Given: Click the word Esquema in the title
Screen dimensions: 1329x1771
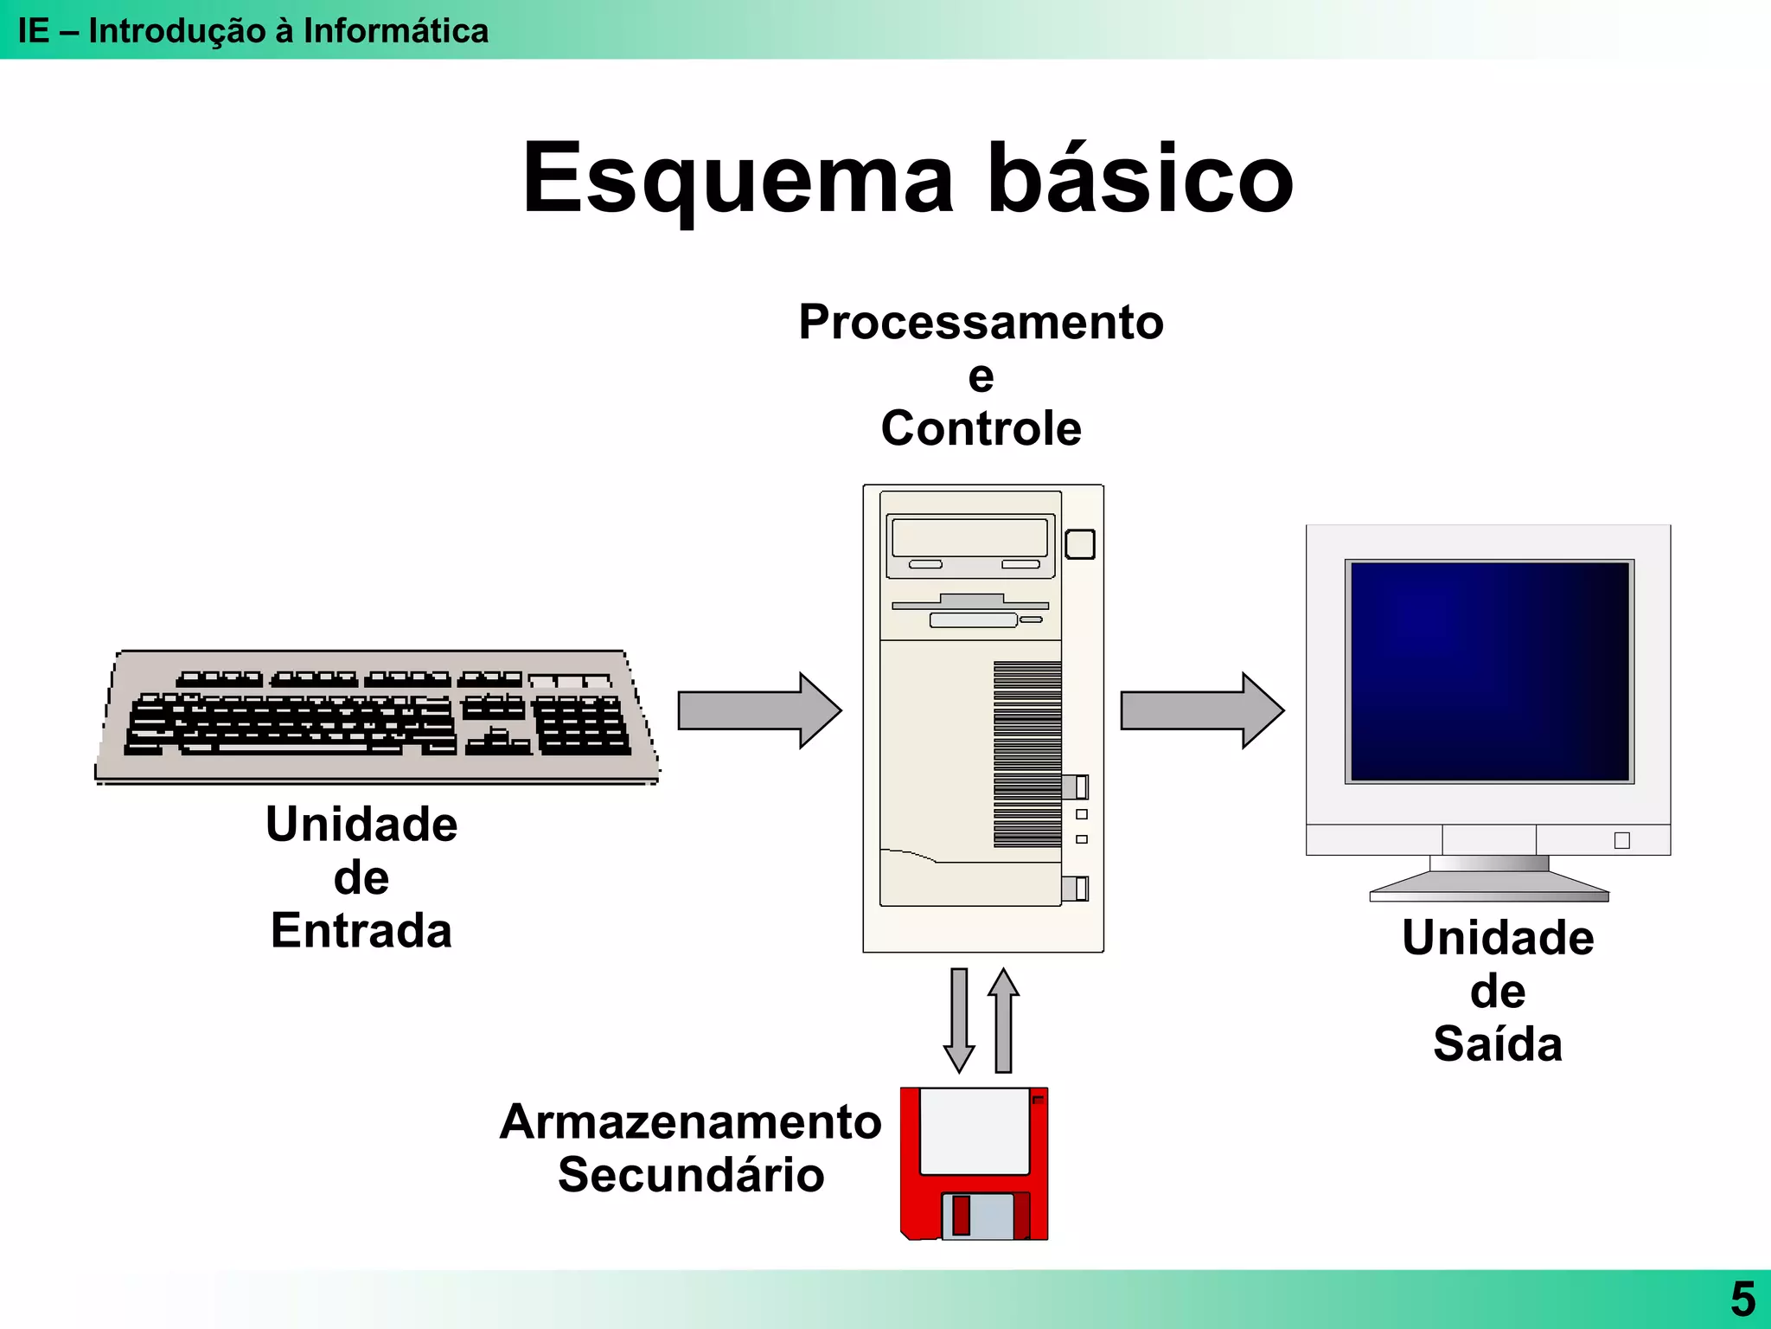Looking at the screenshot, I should click(x=739, y=179).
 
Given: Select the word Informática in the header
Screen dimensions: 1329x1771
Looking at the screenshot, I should click(x=395, y=31).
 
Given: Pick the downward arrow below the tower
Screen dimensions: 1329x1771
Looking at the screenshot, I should click(x=959, y=1020).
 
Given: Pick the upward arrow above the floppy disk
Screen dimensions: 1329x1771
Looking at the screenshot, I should click(x=1003, y=1020).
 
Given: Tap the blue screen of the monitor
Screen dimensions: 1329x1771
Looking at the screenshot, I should click(x=1489, y=671).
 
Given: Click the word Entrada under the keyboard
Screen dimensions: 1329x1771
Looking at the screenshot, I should click(x=361, y=931).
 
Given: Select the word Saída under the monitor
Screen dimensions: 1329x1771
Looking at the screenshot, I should click(x=1498, y=1044).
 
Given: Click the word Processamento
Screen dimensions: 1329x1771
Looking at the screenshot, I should click(x=981, y=323).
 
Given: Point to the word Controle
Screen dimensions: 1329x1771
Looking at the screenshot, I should click(x=981, y=429).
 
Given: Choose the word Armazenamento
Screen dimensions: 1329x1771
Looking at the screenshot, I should click(x=690, y=1122).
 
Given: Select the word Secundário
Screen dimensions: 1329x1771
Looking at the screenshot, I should click(x=690, y=1176).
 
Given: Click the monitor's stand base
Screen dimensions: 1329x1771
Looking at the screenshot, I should click(x=1489, y=887).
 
